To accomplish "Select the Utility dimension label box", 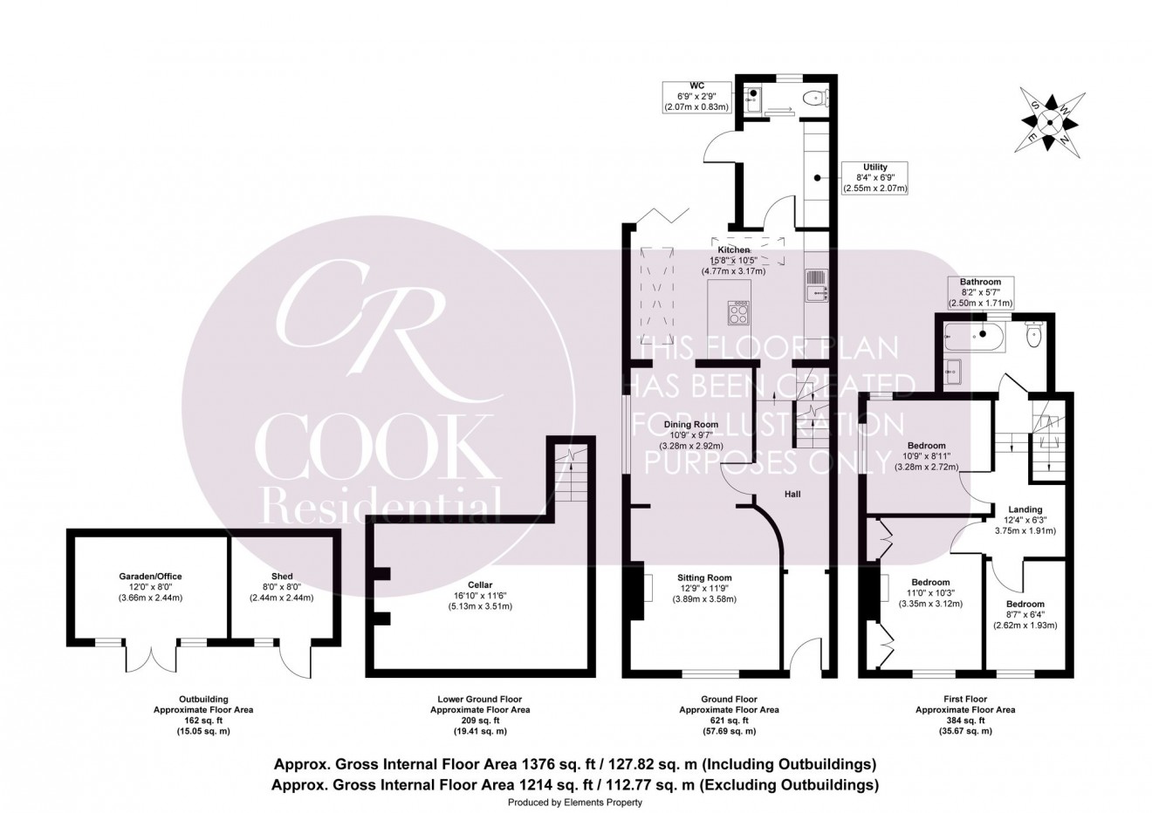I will [874, 177].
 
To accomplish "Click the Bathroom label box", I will [980, 292].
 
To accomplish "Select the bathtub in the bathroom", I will [978, 334].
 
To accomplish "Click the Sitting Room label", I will [704, 577].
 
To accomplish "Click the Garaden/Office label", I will [150, 576].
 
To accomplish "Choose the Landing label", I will [1025, 509].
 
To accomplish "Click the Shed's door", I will [299, 659].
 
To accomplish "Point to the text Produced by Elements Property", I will [575, 802].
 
